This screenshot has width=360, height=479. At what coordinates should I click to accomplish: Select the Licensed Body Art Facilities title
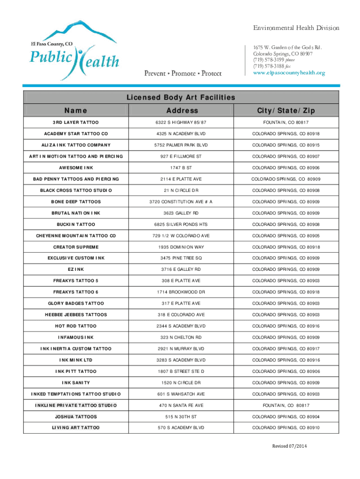(x=180, y=97)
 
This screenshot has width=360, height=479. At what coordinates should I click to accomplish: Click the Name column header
(x=76, y=111)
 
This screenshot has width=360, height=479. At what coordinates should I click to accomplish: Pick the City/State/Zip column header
(x=285, y=111)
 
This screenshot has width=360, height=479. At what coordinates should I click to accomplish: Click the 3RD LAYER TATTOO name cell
(x=76, y=123)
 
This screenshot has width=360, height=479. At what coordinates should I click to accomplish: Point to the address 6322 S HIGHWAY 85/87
(x=181, y=123)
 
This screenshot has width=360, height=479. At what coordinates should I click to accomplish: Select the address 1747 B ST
(x=181, y=168)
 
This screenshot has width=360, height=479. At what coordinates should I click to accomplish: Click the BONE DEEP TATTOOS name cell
(x=76, y=202)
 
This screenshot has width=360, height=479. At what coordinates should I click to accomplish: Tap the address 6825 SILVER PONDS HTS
(x=181, y=225)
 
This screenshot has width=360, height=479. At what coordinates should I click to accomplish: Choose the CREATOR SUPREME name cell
(x=76, y=247)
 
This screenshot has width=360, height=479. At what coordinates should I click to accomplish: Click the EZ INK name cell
(x=76, y=269)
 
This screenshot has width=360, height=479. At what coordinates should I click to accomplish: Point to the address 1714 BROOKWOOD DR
(x=181, y=292)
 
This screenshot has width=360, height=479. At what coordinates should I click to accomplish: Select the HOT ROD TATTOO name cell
(x=76, y=326)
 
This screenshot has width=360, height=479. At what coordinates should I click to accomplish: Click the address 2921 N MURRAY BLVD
(x=181, y=348)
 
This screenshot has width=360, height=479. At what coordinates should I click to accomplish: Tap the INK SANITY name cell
(x=76, y=383)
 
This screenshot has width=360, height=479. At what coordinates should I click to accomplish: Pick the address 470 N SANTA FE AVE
(x=181, y=405)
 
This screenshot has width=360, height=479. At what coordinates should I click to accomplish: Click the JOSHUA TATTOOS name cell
(x=76, y=416)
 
